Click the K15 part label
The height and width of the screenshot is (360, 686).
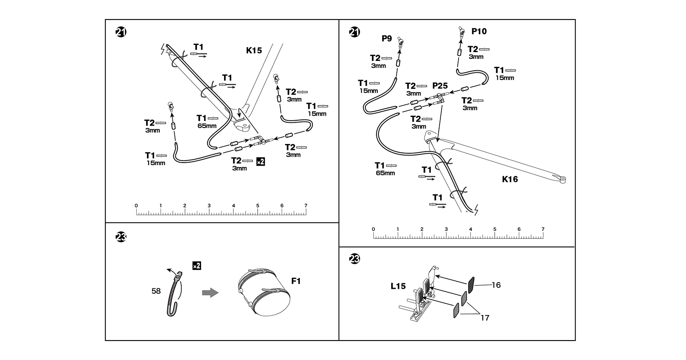pos(254,50)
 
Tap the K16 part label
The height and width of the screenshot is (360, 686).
pos(510,179)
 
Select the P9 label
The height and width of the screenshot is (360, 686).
pos(387,39)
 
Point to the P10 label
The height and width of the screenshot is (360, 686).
pos(479,31)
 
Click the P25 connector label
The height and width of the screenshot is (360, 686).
pos(440,86)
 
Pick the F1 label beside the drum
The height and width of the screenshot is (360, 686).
pos(296,281)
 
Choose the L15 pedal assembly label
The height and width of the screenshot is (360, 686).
pos(398,286)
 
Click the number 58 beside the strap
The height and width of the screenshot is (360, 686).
pos(156,291)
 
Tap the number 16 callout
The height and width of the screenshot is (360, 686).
pos(496,285)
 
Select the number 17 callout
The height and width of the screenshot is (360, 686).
pos(485,318)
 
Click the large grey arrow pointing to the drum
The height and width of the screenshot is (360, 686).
pos(210,293)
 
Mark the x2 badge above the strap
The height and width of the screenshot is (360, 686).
pos(196,266)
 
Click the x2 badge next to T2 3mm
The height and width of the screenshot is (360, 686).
pos(260,161)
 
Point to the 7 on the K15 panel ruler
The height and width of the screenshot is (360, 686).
pos(306,205)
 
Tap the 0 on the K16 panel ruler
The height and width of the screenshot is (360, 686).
pos(373,229)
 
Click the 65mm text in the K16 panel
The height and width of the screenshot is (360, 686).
pos(385,173)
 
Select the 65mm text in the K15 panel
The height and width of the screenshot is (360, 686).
pos(207,126)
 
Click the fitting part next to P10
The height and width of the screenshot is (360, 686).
pos(461,31)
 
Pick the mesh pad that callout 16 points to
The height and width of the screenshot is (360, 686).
pos(471,285)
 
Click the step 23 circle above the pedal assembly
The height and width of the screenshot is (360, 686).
pos(354,259)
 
